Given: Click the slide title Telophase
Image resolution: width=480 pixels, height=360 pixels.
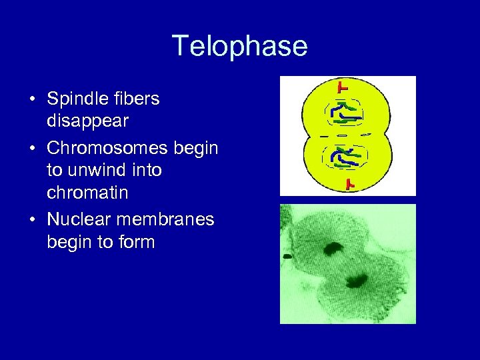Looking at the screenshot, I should [240, 46].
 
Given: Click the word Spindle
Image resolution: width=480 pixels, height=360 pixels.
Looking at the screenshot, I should [74, 99].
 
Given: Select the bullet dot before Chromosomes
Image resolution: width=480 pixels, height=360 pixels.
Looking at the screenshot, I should [32, 148].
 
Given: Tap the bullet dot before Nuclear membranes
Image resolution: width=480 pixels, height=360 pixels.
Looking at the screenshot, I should [32, 219].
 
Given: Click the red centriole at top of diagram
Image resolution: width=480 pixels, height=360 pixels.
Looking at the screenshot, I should [343, 86].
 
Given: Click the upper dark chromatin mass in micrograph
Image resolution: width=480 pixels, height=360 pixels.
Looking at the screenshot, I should [332, 250].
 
